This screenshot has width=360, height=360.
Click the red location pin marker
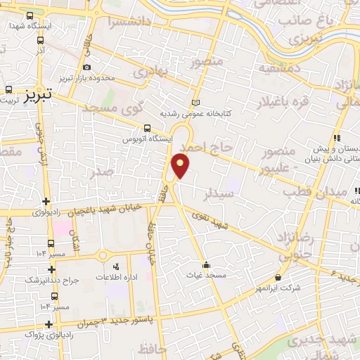coord(181,165)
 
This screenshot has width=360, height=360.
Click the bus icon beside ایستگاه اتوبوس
coord(147,128)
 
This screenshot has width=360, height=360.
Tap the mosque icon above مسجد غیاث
coord(205,265)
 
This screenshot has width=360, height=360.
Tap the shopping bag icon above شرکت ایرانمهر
coord(279,277)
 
